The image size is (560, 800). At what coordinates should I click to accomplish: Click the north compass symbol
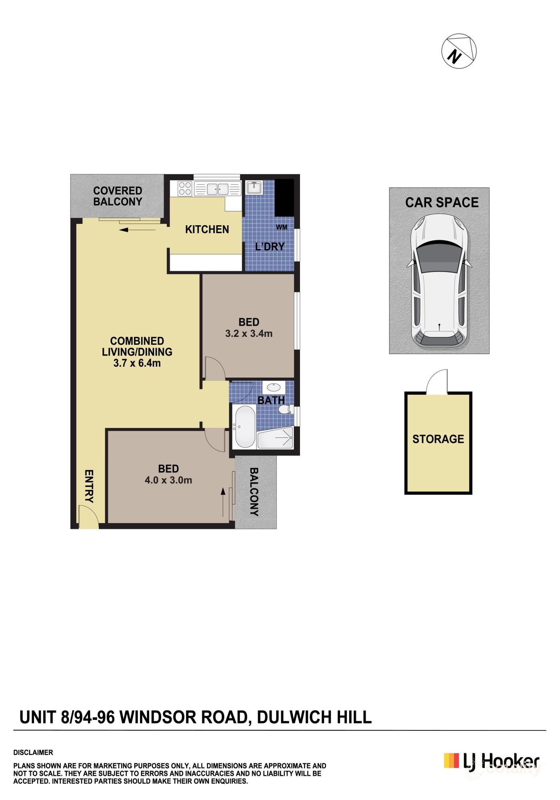pos(459,51)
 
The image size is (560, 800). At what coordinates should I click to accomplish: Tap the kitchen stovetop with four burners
pos(185,188)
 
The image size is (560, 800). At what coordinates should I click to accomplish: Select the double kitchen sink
pos(217,188)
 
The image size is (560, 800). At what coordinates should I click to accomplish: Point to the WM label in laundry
pos(282,227)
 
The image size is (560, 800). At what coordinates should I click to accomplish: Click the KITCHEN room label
pos(207,229)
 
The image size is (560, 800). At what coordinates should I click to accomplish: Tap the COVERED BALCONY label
pos(118,196)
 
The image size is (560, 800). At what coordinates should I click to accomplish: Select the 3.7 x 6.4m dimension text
pos(137,363)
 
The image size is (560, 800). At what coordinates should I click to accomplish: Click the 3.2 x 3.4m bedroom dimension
pos(249,333)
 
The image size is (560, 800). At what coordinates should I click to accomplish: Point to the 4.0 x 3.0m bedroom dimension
pos(168,480)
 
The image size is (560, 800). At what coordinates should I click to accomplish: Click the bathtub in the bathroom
pos(245,427)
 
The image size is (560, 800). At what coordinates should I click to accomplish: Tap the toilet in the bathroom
pos(285,410)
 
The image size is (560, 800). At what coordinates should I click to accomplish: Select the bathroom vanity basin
pos(274,387)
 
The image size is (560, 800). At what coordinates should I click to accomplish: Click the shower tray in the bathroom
pos(275,438)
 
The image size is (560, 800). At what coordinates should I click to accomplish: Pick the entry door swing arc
pos(88,516)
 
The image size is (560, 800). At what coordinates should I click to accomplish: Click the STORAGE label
pos(438,439)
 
